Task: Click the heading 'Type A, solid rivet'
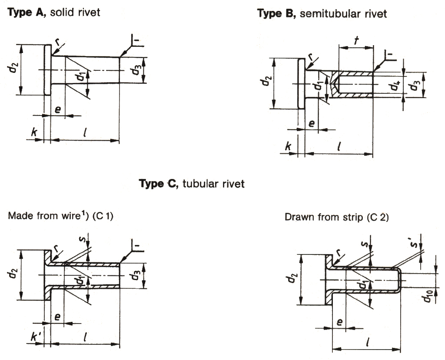click(x=54, y=12)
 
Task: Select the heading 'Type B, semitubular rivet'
click(x=322, y=14)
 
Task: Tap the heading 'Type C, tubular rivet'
click(x=191, y=184)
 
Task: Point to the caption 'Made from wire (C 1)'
click(x=61, y=216)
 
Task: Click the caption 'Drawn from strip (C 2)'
click(x=336, y=217)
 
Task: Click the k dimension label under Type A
click(x=33, y=131)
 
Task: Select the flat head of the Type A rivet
click(x=48, y=69)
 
